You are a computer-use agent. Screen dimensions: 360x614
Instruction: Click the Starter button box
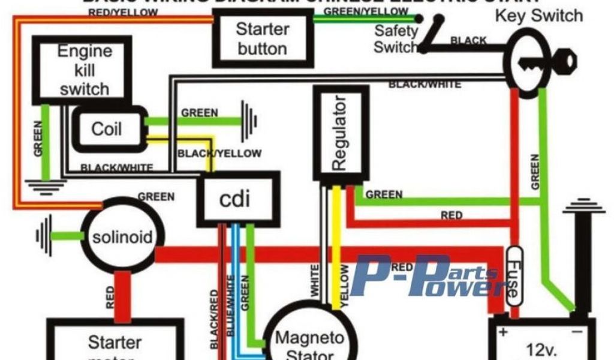point(263,38)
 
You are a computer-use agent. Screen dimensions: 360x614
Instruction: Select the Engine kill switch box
point(82,69)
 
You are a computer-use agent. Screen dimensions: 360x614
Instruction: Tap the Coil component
point(107,128)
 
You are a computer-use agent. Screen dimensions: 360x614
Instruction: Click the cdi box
point(239,197)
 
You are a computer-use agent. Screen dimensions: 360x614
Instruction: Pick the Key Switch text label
point(538,16)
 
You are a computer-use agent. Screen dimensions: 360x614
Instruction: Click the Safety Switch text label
point(396,38)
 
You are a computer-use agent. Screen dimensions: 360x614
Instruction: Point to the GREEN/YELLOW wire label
point(365,11)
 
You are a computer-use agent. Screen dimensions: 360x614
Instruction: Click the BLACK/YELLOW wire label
point(219,154)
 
